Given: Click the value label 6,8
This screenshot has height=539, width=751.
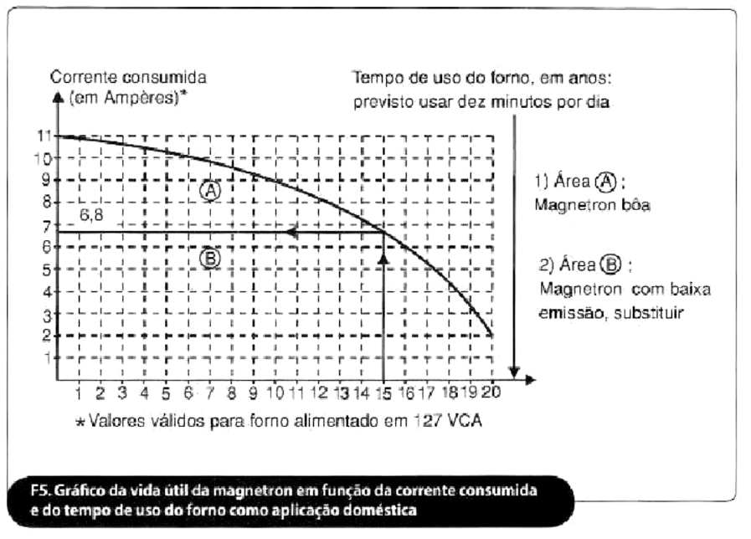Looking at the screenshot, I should pos(92,215).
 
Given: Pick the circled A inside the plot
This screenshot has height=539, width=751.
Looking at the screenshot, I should pos(209,190).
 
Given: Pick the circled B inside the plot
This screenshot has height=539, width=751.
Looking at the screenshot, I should pos(210,259).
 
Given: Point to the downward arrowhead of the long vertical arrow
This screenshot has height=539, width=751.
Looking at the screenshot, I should pos(516,370).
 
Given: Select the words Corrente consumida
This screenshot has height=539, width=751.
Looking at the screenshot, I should pos(129,78).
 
